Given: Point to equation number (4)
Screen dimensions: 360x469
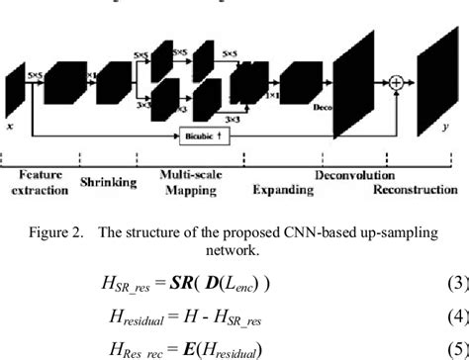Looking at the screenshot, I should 456,318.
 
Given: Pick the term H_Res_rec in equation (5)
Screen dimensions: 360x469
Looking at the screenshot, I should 171,349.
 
